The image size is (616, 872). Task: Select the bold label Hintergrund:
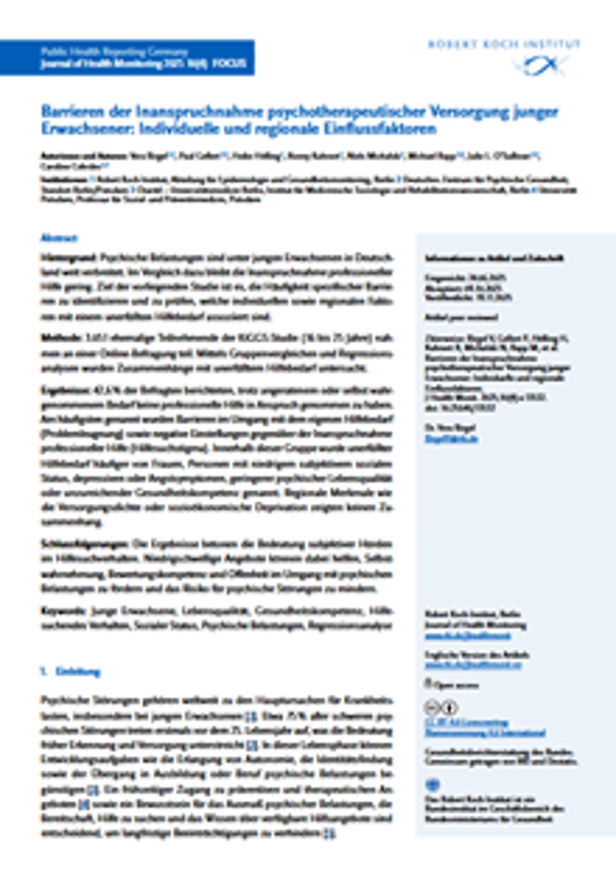69,257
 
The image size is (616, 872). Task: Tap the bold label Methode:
62,338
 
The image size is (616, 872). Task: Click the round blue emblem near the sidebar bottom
430,784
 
